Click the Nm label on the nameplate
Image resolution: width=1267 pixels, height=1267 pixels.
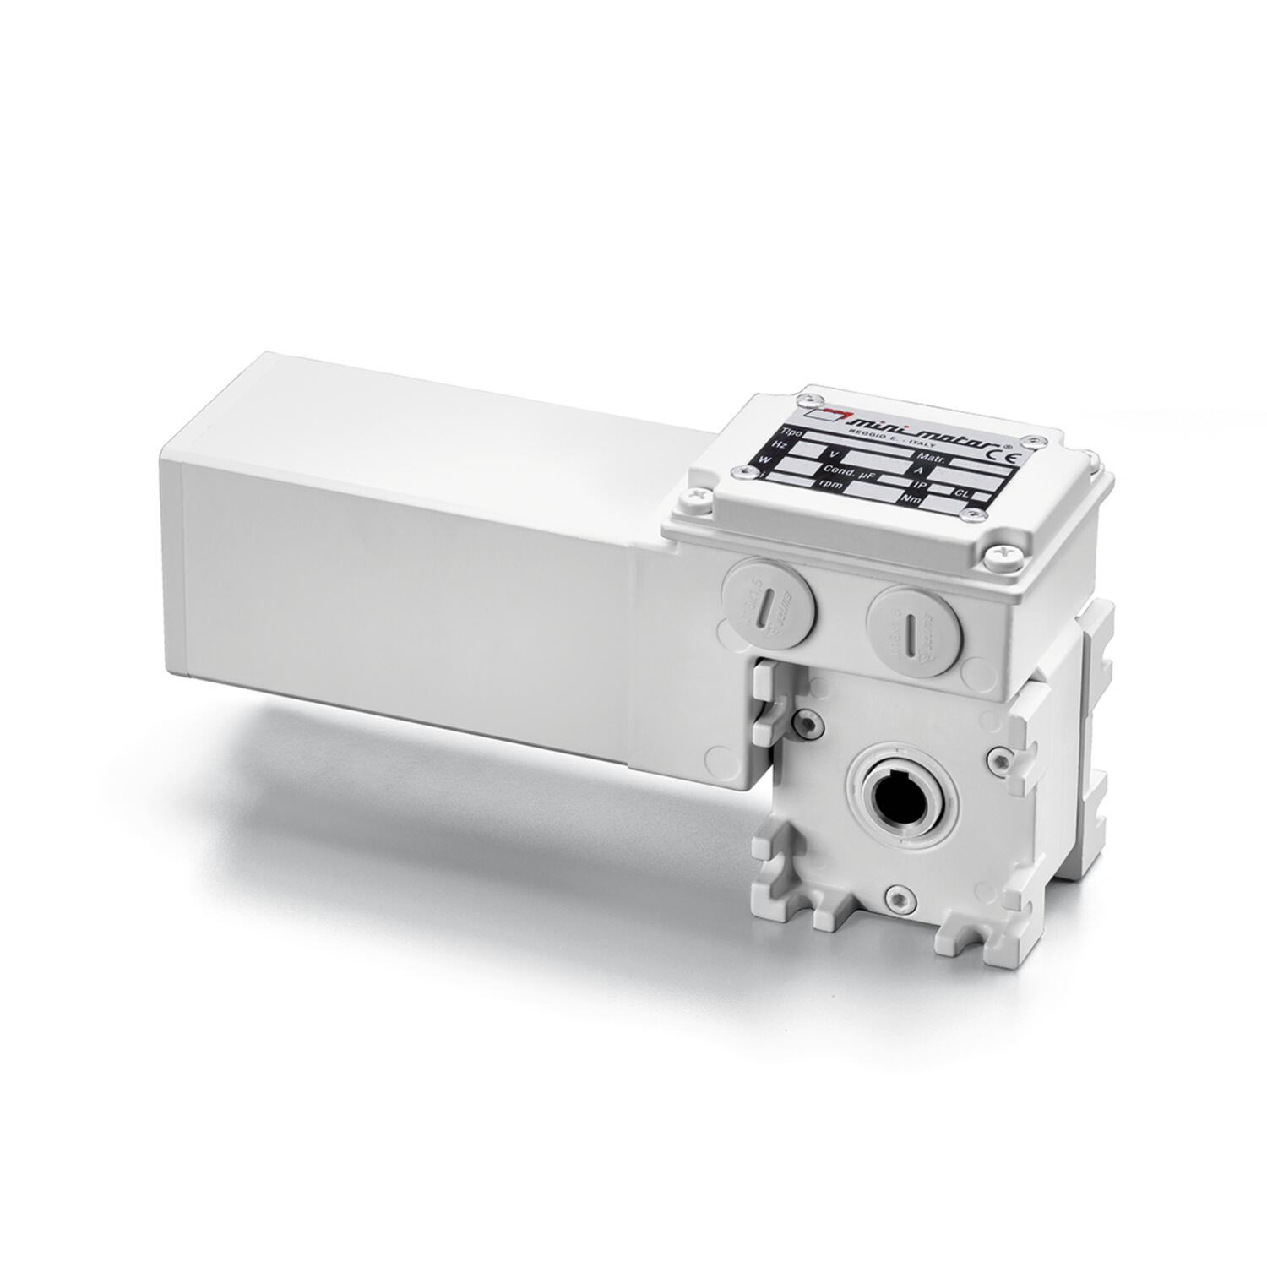click(911, 500)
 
